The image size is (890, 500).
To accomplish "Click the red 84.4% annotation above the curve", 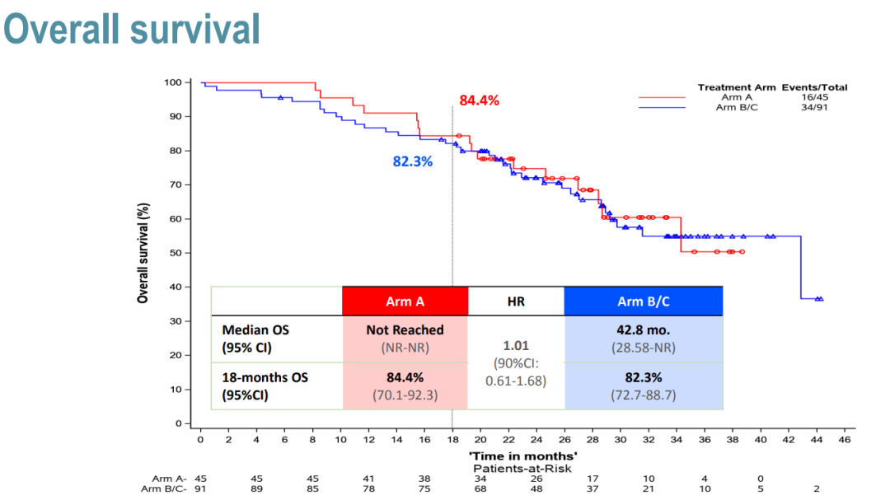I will click(480, 100).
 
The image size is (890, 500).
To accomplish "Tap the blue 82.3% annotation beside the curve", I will click(413, 161).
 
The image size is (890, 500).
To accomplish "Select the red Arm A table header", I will click(405, 301).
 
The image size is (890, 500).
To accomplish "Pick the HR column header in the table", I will click(516, 301).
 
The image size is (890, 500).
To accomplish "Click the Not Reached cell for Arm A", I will click(405, 329).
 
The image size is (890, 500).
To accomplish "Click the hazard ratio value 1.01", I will click(516, 345).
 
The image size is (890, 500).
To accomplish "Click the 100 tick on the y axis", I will click(171, 82).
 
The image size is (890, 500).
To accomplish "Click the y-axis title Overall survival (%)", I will click(143, 252).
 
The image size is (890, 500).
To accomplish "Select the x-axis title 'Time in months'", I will click(523, 455).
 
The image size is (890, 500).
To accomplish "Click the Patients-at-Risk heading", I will click(522, 467).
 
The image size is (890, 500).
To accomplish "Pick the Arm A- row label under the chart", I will click(170, 479).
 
